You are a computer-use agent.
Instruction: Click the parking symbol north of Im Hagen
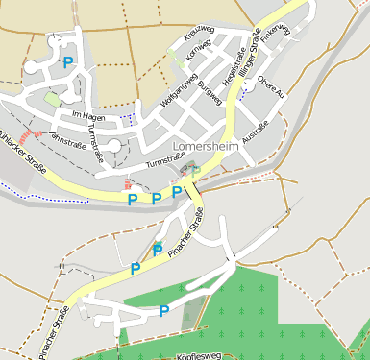tap(67, 62)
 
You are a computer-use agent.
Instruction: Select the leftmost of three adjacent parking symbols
tap(132, 199)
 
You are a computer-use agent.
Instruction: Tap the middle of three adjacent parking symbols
tap(156, 198)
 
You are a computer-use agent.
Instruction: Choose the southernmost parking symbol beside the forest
tap(163, 310)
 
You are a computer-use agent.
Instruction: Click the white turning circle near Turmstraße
tap(114, 146)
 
